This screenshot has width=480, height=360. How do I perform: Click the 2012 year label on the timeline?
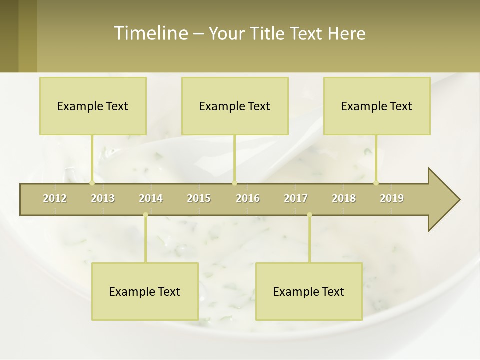[55, 198]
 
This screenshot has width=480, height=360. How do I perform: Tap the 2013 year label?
[103, 198]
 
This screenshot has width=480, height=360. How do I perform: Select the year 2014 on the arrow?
[151, 198]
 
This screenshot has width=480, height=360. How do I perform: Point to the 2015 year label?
[199, 198]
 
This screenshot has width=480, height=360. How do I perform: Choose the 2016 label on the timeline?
[248, 198]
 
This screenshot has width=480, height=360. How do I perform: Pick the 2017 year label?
[296, 198]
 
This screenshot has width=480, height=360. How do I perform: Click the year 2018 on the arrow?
[344, 198]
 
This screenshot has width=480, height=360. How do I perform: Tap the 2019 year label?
[392, 198]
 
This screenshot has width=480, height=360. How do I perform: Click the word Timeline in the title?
[150, 33]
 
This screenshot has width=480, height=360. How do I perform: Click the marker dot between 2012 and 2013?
[92, 183]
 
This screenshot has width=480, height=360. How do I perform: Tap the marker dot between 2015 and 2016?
[234, 183]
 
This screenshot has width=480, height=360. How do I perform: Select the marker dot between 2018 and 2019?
[376, 183]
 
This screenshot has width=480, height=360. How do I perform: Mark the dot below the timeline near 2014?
[145, 215]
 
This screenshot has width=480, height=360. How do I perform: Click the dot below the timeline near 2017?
[309, 215]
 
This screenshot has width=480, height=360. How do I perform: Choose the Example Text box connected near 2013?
[93, 106]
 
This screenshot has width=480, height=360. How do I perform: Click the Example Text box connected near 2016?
[235, 106]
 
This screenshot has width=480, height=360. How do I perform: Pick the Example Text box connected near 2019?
[377, 106]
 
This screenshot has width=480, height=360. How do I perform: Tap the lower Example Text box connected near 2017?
[309, 291]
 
